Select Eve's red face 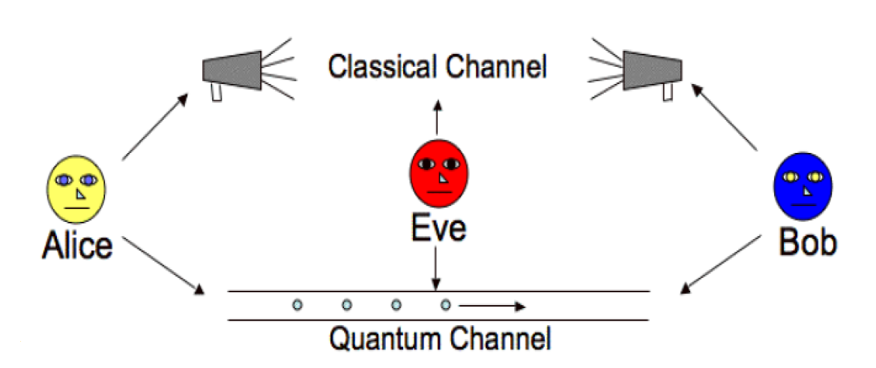439,172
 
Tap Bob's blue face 803,184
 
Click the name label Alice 78,245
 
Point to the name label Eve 438,228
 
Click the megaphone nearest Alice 232,71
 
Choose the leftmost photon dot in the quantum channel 297,305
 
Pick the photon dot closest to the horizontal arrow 446,305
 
